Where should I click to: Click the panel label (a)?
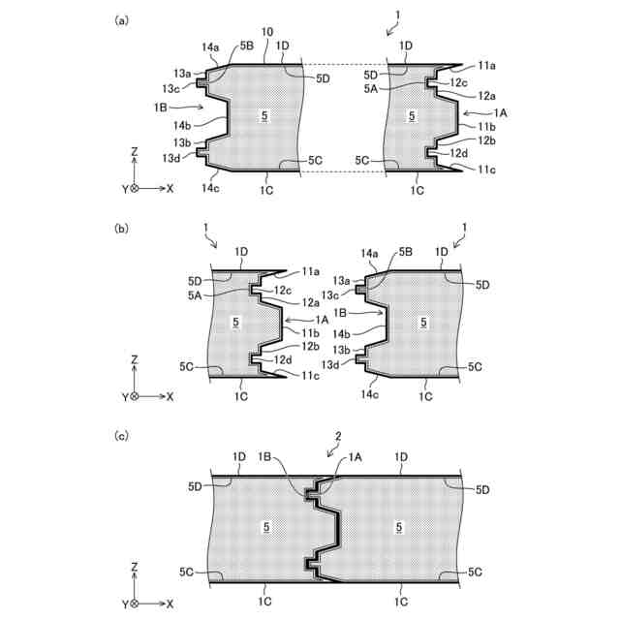(x=121, y=20)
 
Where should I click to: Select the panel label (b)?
(x=121, y=230)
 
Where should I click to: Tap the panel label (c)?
(x=121, y=436)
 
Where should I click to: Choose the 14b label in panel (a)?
(x=184, y=124)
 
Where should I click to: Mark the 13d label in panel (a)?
(x=171, y=158)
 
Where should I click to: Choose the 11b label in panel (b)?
(x=310, y=332)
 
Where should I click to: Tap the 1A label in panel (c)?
(x=355, y=455)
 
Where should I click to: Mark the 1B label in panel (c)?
(x=292, y=455)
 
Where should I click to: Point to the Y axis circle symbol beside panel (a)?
(x=135, y=188)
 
